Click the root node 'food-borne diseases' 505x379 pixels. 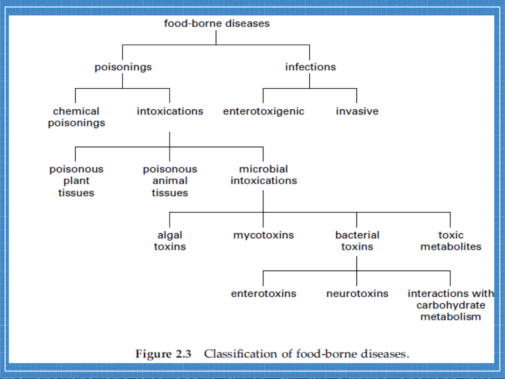point(216,23)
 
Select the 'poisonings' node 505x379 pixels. point(123,67)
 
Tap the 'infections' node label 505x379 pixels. point(311,67)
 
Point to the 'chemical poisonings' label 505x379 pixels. point(77,117)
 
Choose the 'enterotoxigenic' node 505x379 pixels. point(263,112)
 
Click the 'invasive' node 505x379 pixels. point(357,111)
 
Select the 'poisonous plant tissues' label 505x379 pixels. point(76,181)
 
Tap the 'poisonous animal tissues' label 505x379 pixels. point(170,181)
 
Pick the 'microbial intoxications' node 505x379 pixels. point(263,175)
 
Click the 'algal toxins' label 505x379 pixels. point(170,241)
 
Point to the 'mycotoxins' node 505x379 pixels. point(263,236)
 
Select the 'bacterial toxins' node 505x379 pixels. point(357,241)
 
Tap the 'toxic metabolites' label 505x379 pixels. point(450,241)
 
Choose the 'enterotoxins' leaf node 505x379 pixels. point(263,293)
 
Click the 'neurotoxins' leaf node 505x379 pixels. point(357,293)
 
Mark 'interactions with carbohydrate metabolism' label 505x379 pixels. point(450,305)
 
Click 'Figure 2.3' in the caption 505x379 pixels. point(164,354)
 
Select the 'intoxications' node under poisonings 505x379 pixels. point(170,111)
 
